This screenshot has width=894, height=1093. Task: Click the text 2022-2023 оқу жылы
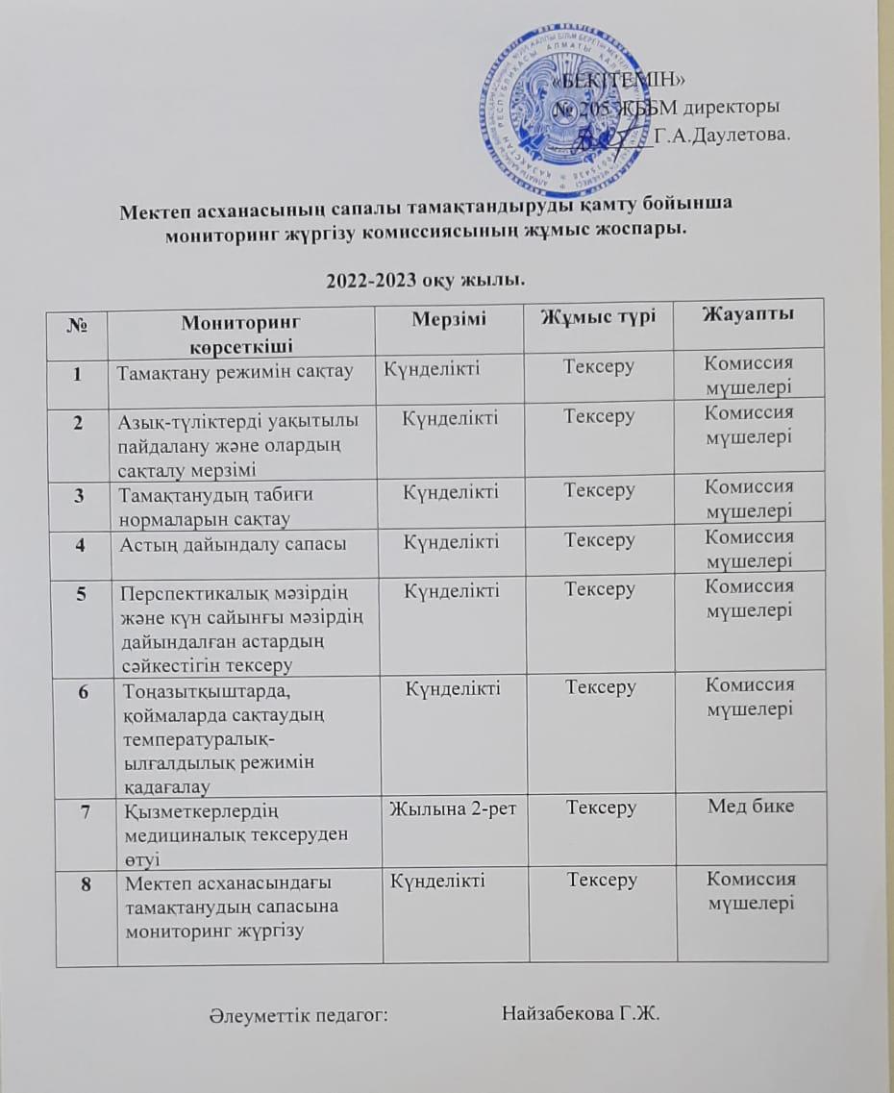425,280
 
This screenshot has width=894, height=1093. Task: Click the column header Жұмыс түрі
598,316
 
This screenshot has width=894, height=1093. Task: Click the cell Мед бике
751,806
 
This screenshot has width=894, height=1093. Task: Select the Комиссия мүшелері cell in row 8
750,890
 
